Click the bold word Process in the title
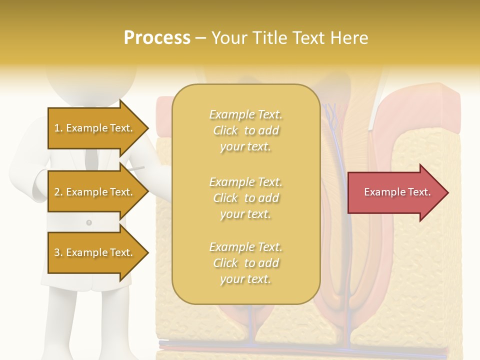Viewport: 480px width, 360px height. (157, 38)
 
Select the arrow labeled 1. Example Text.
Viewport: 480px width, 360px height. (95, 128)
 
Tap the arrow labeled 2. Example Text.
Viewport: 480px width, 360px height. (95, 192)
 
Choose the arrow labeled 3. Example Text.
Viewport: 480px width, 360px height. (95, 252)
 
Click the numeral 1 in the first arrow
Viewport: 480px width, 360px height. (56, 128)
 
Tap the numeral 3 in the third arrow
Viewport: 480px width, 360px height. (56, 252)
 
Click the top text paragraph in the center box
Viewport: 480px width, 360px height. (245, 130)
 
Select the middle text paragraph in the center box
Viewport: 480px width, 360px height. (245, 198)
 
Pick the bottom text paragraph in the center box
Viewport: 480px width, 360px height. (245, 263)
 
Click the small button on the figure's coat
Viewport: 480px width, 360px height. (89, 222)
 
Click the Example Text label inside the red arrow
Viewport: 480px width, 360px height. (397, 192)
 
